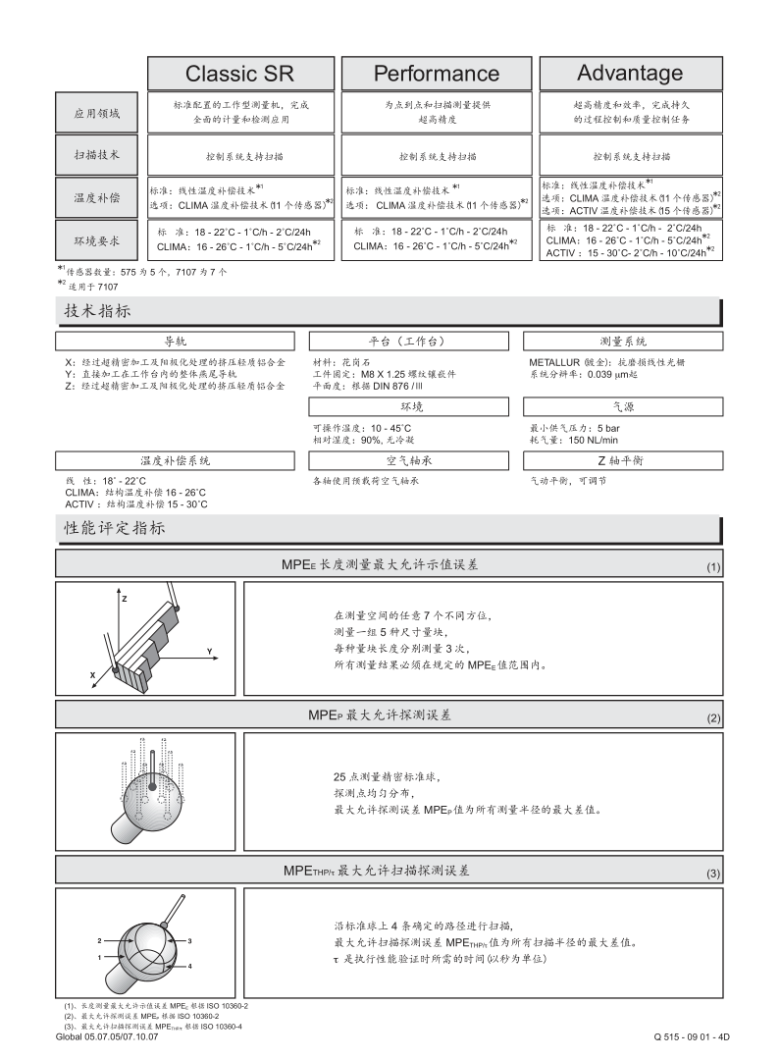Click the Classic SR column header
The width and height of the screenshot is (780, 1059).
(239, 74)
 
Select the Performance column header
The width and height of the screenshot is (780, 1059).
(436, 74)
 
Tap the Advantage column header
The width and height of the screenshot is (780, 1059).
(630, 73)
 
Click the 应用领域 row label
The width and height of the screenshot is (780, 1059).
(98, 114)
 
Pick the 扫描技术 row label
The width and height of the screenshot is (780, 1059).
(98, 155)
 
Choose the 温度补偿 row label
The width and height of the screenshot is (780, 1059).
(98, 198)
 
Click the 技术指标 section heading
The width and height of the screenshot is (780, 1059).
(98, 310)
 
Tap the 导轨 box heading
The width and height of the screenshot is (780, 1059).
(175, 342)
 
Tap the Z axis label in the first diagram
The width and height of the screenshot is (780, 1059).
(125, 597)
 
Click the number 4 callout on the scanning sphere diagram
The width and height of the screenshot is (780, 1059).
(189, 966)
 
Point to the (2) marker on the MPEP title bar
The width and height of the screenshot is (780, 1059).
(713, 718)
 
